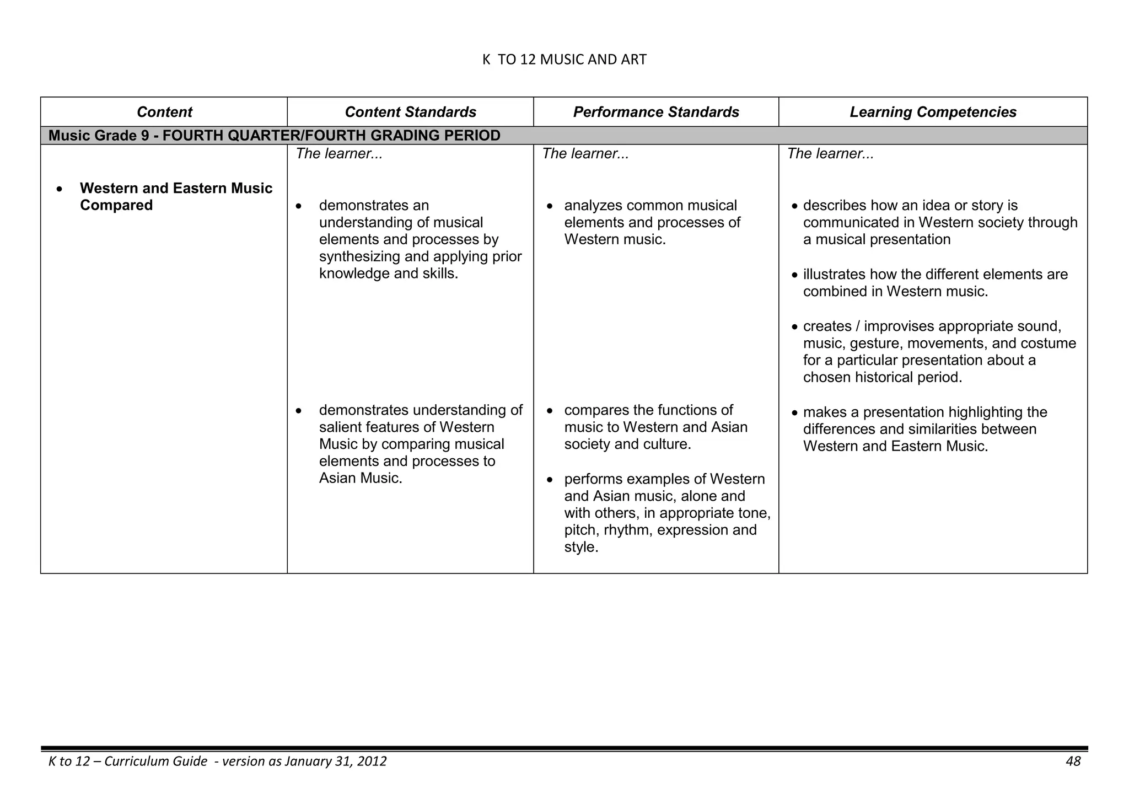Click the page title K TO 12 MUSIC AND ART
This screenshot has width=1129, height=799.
[564, 60]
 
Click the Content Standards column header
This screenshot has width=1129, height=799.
[410, 112]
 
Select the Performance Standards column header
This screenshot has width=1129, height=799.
[655, 112]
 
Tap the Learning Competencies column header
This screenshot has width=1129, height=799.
[933, 112]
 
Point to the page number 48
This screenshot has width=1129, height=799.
[1073, 762]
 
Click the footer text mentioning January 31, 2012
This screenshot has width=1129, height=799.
[218, 762]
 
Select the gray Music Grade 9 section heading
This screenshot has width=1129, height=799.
[275, 136]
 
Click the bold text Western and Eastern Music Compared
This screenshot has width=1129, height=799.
[176, 197]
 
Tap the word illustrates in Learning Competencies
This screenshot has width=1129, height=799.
[834, 275]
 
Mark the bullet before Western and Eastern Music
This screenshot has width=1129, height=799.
[59, 189]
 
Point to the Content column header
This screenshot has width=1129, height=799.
[164, 112]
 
